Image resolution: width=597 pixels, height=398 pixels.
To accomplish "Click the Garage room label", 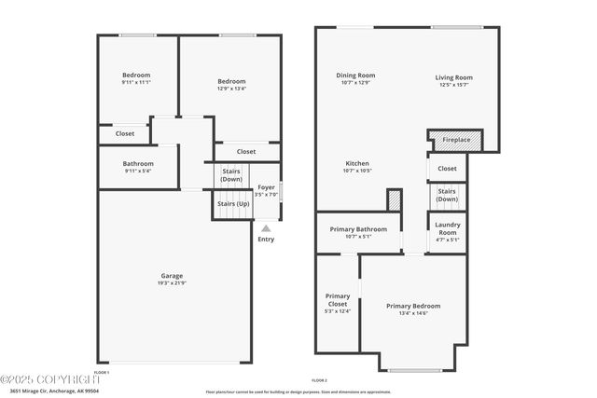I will click(172, 275).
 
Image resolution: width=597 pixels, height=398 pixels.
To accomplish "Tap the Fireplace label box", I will click(456, 139).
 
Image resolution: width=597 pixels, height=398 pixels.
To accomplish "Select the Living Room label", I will click(453, 77).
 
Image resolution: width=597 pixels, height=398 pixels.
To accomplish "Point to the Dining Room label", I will click(355, 75).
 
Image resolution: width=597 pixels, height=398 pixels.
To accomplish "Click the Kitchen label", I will click(358, 163).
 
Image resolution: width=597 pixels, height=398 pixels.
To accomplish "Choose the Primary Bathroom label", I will click(358, 228).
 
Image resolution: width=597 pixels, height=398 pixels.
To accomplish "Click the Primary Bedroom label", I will click(413, 306).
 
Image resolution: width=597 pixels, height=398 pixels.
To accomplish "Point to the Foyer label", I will click(267, 187).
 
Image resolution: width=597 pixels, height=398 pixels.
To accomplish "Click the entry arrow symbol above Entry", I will click(266, 227).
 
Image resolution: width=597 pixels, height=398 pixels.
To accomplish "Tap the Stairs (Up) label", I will click(232, 203).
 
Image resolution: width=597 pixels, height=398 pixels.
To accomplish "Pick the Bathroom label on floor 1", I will click(137, 163).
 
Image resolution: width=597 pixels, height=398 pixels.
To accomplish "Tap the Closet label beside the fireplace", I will click(447, 169).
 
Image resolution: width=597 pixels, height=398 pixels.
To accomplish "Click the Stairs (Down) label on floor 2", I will click(447, 196).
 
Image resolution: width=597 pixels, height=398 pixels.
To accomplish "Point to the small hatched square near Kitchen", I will click(394, 199).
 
